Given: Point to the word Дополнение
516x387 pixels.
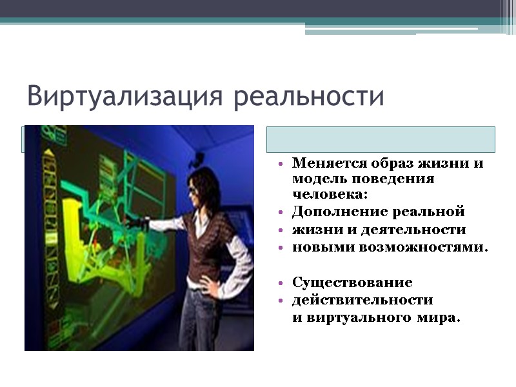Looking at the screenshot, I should click(x=339, y=212).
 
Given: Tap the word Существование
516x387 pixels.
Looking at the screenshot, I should click(x=352, y=283).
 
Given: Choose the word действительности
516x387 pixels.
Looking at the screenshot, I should click(x=362, y=301).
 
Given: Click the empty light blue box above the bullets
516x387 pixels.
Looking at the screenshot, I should click(x=381, y=139).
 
